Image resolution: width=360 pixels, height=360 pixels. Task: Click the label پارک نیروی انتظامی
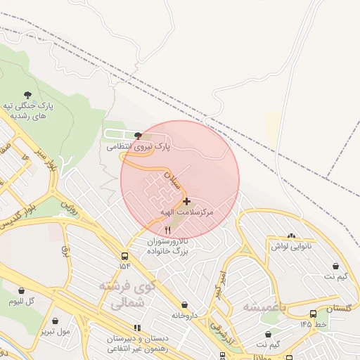tap(139, 147)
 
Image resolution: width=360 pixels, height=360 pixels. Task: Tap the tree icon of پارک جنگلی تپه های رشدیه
tap(27, 94)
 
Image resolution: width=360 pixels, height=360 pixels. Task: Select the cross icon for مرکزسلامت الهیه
tap(186, 201)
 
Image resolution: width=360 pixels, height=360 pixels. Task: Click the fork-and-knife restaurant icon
tap(167, 230)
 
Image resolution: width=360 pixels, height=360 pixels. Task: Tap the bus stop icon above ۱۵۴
tap(124, 256)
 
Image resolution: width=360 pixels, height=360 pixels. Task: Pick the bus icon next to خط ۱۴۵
tap(312, 314)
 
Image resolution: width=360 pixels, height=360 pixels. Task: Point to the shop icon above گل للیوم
tap(21, 290)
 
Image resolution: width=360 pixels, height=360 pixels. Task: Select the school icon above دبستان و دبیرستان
tap(137, 328)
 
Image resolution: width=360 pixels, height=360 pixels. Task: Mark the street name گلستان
tap(339, 308)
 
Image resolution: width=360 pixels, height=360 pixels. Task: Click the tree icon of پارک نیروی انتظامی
tap(137, 136)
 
